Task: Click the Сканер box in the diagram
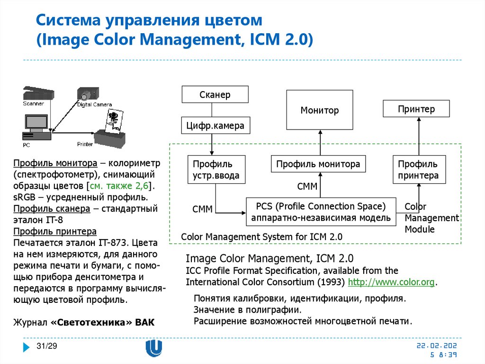coord(215,94)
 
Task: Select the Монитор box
coord(320,111)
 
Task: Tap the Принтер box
coord(416,109)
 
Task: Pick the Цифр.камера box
coord(215,126)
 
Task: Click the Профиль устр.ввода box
coord(216,170)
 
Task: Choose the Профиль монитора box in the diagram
coord(318,164)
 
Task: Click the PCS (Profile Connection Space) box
coord(321,212)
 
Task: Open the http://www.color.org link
coord(391,282)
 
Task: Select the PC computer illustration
coord(36,127)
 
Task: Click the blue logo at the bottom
coord(153,348)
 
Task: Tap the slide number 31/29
coord(47,346)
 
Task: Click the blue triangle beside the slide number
coord(27,347)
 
